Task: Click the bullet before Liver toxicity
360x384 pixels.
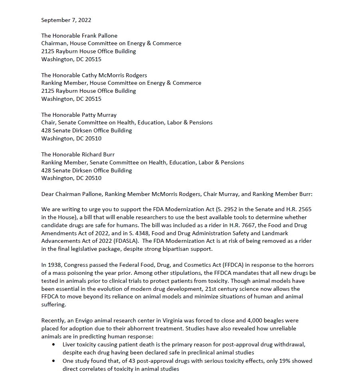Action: pos(54,345)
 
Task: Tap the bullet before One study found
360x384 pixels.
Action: pos(54,361)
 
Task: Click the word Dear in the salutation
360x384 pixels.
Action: pos(48,194)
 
